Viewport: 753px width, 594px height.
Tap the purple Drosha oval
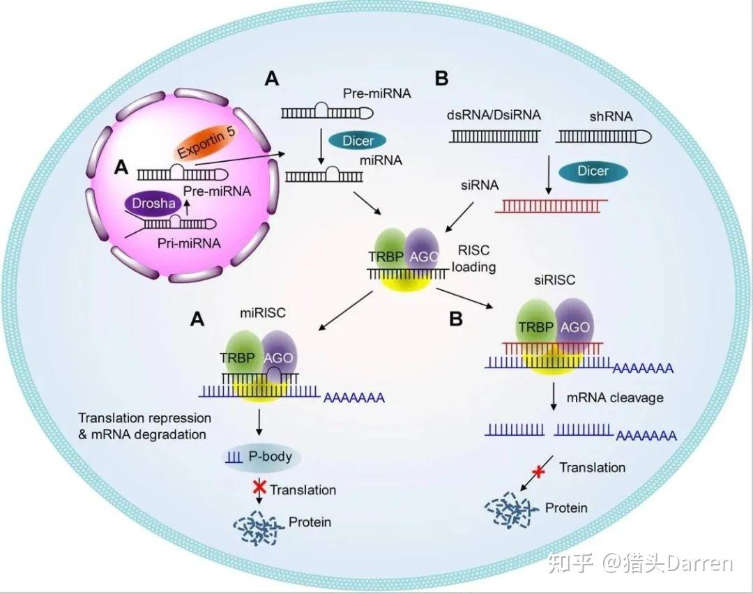pyautogui.click(x=153, y=204)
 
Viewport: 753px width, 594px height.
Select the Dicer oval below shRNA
pyautogui.click(x=593, y=172)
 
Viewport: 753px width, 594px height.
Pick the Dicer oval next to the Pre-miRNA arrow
pyautogui.click(x=358, y=141)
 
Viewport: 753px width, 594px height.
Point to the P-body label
pyautogui.click(x=270, y=456)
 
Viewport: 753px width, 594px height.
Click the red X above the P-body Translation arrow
pyautogui.click(x=259, y=487)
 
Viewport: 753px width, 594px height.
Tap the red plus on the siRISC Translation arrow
pyautogui.click(x=538, y=471)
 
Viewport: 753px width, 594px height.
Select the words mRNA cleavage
pyautogui.click(x=615, y=397)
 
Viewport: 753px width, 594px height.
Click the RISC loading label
pyautogui.click(x=474, y=259)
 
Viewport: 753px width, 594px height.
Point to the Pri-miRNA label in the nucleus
pyautogui.click(x=189, y=243)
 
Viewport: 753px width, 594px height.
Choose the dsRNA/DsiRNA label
pyautogui.click(x=494, y=115)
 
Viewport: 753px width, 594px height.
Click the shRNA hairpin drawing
pyautogui.click(x=604, y=137)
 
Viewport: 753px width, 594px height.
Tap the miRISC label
pyautogui.click(x=263, y=313)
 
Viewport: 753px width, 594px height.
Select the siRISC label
pyautogui.click(x=555, y=280)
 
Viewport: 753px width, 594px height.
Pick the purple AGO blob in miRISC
pyautogui.click(x=280, y=356)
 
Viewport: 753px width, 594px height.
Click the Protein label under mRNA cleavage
pyautogui.click(x=566, y=508)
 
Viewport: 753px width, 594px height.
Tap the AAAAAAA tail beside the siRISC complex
pyautogui.click(x=644, y=369)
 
